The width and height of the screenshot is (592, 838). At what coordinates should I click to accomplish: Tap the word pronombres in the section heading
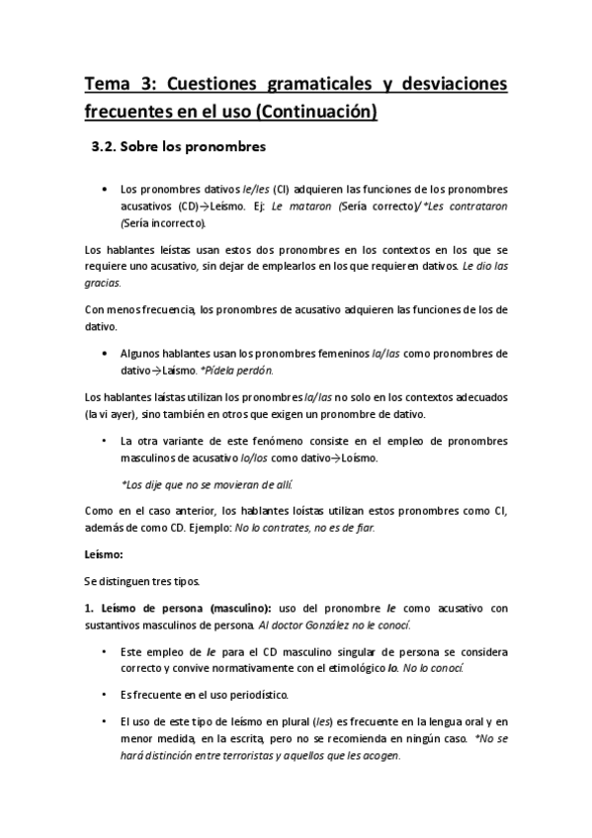click(227, 149)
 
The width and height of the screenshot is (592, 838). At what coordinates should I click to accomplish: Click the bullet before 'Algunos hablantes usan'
click(105, 353)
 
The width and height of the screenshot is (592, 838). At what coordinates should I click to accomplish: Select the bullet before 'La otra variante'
click(105, 441)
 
